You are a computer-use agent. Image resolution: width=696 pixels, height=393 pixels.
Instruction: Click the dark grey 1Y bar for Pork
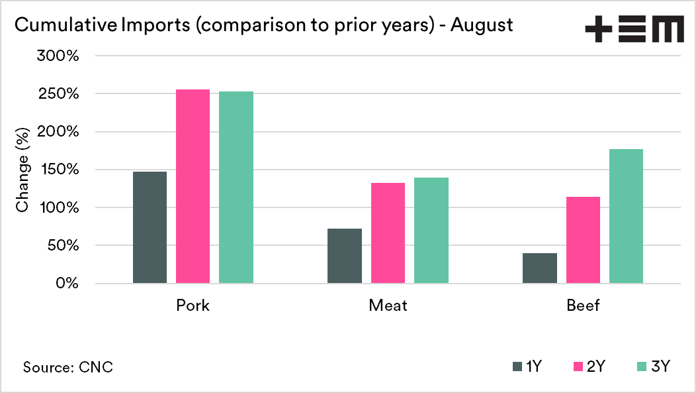(x=150, y=227)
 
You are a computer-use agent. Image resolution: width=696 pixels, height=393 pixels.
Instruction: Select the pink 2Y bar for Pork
(x=193, y=186)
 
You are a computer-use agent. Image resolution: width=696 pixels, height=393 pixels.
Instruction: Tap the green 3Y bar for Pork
(x=236, y=188)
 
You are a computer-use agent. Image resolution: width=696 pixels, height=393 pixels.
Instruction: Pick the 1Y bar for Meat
(x=345, y=256)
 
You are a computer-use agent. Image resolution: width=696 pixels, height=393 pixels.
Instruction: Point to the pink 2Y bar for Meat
(x=388, y=233)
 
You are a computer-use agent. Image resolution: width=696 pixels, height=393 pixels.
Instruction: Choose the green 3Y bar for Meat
(x=431, y=231)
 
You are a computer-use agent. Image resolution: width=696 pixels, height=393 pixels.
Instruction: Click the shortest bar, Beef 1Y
(x=540, y=268)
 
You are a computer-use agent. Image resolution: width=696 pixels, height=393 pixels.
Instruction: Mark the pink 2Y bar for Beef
(x=583, y=240)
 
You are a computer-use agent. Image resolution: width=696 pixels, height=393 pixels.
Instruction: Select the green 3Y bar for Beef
(x=626, y=216)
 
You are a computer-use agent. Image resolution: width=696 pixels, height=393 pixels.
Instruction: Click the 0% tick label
(x=67, y=284)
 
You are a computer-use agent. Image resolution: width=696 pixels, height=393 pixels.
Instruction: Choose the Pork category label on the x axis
(x=193, y=306)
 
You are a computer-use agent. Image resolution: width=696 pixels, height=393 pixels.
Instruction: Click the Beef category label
(x=583, y=306)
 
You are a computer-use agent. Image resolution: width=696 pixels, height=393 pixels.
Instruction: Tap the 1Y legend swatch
(x=517, y=366)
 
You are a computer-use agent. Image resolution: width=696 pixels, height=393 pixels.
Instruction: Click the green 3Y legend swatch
(x=640, y=366)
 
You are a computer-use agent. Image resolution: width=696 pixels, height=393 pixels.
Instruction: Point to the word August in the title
(x=482, y=25)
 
